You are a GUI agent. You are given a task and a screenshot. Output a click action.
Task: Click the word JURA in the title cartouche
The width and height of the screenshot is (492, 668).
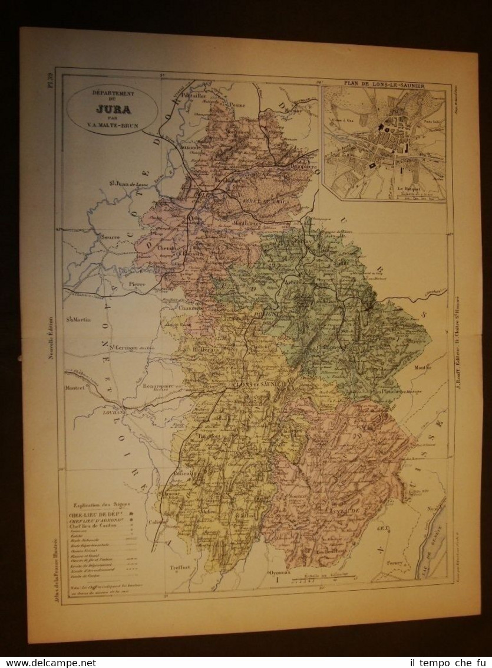click(x=111, y=108)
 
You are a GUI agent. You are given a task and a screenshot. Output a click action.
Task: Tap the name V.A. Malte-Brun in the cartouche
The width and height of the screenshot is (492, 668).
click(x=112, y=124)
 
